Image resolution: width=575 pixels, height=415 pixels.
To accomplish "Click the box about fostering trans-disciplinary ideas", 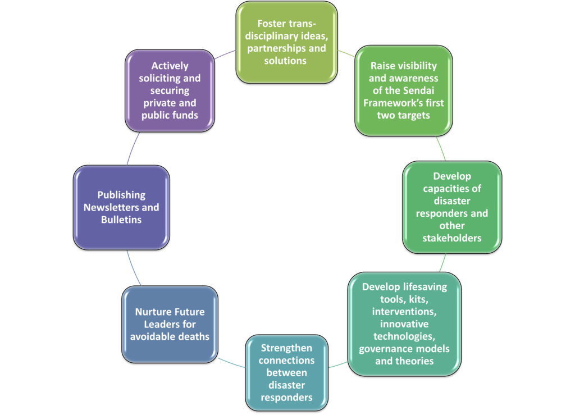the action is point(286,43).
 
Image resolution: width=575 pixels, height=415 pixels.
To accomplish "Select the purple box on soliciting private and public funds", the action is point(170,90).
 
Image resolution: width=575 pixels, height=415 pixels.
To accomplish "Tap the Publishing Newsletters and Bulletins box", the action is point(121,208).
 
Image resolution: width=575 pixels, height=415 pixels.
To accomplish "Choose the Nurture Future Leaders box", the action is point(170,325).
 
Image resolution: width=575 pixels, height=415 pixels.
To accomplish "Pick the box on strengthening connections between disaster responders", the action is point(286,372).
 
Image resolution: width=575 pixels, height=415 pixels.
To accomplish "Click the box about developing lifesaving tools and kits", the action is point(404,324).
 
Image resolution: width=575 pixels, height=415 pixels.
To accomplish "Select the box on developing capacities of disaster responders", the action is point(452,207).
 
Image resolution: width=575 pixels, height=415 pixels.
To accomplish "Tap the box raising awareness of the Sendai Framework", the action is point(403,90).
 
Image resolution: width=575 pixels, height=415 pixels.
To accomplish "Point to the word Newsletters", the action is point(111,208).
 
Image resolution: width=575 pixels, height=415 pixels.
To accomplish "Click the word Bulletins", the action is point(121,220).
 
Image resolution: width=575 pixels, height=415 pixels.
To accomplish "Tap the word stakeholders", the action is point(452,238).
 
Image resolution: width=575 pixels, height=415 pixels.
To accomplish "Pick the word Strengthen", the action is point(286,348).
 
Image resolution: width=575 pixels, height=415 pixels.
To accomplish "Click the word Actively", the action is point(170,66).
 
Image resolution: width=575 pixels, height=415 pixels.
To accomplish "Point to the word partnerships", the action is point(277,49).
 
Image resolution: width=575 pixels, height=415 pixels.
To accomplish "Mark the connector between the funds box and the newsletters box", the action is point(133,148).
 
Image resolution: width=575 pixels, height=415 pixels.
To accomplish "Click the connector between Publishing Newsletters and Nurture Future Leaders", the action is point(133,268).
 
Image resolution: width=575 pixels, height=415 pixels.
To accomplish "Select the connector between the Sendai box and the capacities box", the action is point(441,148).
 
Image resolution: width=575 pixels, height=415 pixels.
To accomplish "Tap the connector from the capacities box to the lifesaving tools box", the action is point(443,263).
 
